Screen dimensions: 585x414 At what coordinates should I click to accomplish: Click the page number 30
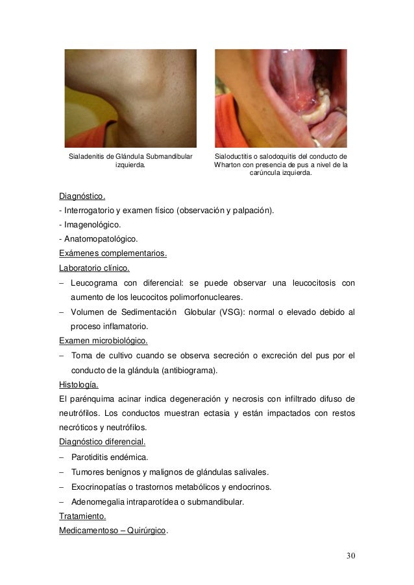click(x=350, y=556)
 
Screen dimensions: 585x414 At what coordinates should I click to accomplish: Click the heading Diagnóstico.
click(x=82, y=196)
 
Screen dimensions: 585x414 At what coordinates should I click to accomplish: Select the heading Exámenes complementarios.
click(x=113, y=253)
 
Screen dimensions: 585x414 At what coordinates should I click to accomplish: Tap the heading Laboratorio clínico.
click(x=94, y=268)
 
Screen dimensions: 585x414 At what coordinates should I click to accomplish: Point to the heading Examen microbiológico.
click(x=103, y=340)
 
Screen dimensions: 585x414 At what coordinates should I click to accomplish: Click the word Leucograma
click(x=93, y=282)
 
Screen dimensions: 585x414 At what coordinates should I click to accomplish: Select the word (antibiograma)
click(x=186, y=370)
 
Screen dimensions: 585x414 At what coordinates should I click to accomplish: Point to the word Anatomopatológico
click(x=101, y=239)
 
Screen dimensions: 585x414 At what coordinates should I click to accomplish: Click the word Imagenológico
click(x=91, y=225)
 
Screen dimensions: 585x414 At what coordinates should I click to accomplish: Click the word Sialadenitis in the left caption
click(x=87, y=156)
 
